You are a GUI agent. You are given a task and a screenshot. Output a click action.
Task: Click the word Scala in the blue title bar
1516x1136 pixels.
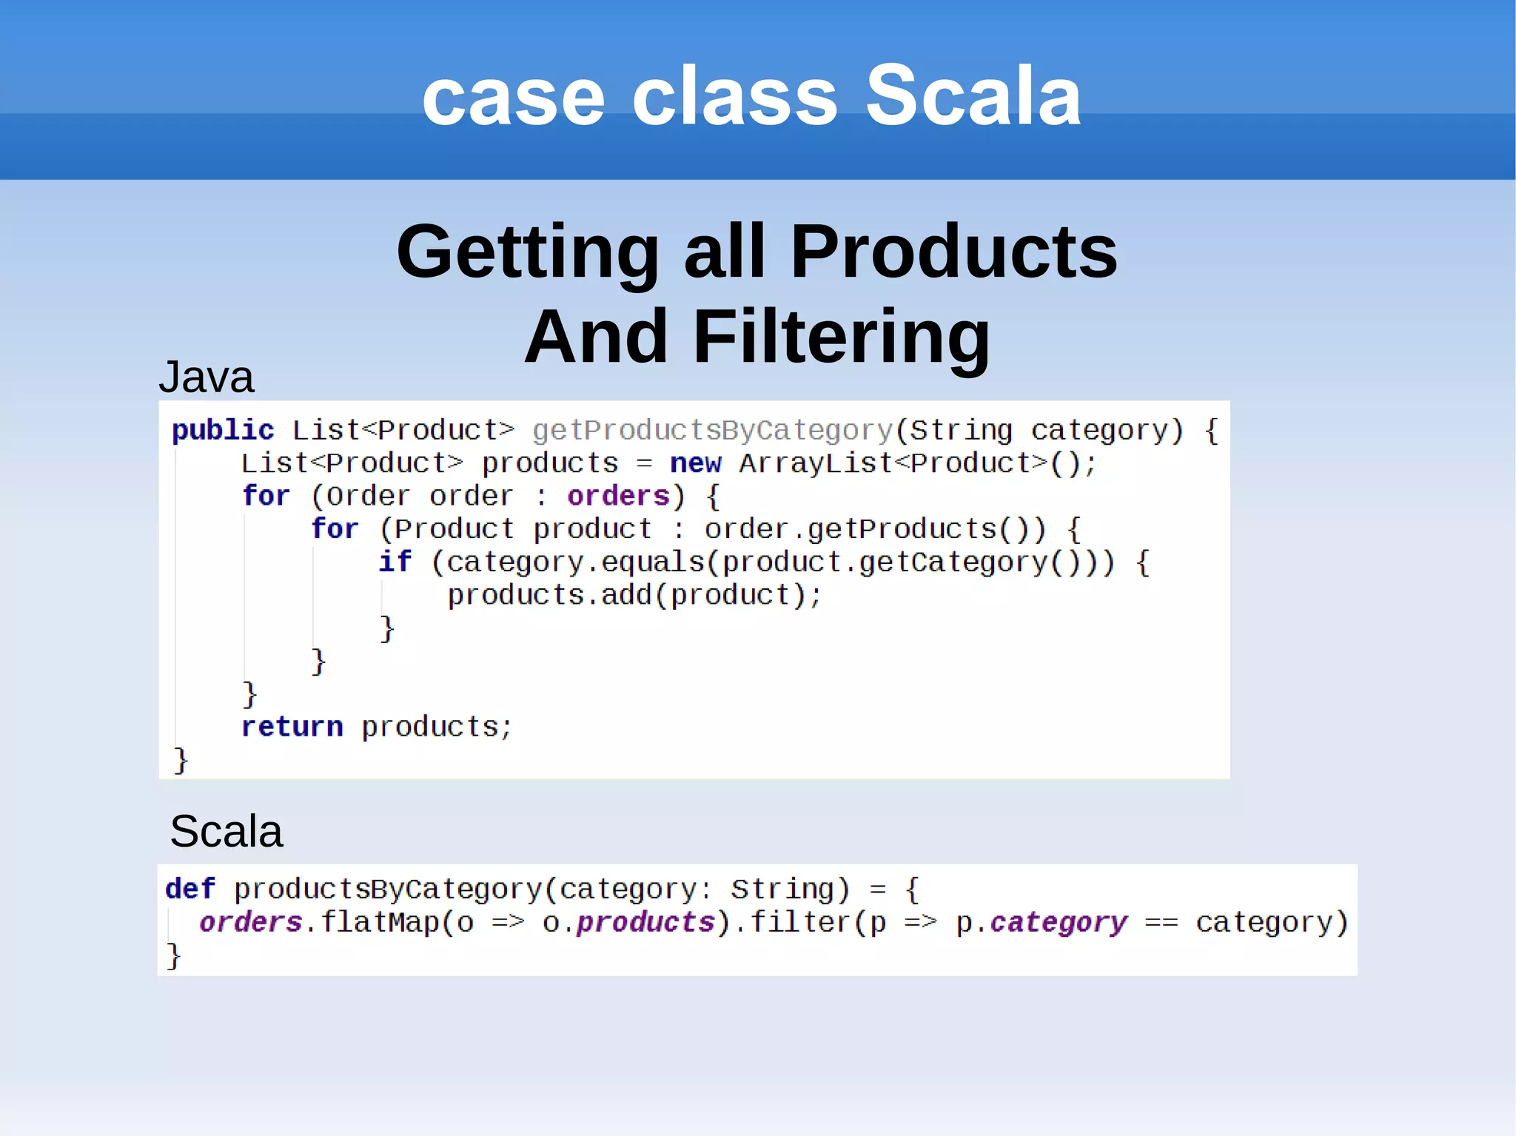click(973, 96)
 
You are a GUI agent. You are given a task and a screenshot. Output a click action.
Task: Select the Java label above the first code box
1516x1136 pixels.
click(206, 377)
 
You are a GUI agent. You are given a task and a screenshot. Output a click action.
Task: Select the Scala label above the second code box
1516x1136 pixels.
click(226, 831)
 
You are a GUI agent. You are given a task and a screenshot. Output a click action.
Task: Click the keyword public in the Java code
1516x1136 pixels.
click(223, 430)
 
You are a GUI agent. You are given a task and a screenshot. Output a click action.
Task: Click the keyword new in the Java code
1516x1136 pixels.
click(695, 463)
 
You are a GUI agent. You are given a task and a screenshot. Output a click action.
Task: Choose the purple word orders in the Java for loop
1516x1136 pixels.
click(618, 496)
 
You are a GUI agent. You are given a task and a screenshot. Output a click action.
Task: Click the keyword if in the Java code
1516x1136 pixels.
click(395, 562)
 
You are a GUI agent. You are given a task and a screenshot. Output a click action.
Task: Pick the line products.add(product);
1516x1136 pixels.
click(634, 595)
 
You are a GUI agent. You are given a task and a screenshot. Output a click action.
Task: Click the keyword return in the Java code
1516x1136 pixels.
click(292, 727)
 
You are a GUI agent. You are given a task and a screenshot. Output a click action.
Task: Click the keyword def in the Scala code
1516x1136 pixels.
click(189, 889)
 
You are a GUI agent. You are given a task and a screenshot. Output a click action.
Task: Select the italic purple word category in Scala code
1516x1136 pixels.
click(1059, 922)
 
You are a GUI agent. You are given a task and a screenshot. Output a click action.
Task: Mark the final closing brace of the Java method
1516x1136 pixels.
click(181, 760)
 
